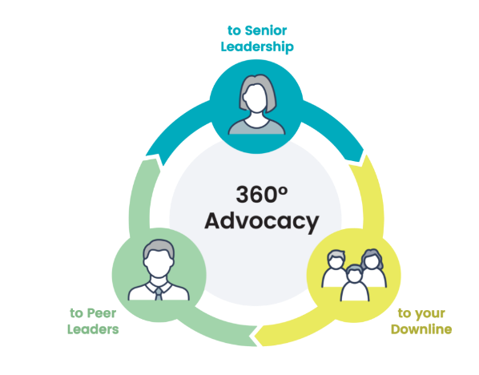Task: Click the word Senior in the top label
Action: pyautogui.click(x=266, y=30)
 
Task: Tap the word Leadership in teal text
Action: pyautogui.click(x=257, y=46)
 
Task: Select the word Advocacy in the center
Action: pyautogui.click(x=262, y=222)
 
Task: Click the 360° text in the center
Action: pyautogui.click(x=261, y=194)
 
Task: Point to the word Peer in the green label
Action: pyautogui.click(x=102, y=313)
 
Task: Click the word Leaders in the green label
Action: pyautogui.click(x=93, y=329)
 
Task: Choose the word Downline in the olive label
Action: pyautogui.click(x=421, y=329)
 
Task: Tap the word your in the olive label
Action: pyautogui.click(x=430, y=314)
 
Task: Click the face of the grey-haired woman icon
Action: pyautogui.click(x=256, y=99)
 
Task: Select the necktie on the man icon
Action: pyautogui.click(x=159, y=294)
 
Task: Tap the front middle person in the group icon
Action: pyautogui.click(x=354, y=283)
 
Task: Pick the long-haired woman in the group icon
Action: pyautogui.click(x=372, y=268)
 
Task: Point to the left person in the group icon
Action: pyautogui.click(x=336, y=268)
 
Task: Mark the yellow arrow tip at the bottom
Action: pyautogui.click(x=256, y=337)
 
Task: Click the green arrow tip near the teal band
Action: pyautogui.click(x=154, y=159)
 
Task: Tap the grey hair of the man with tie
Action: pyautogui.click(x=159, y=247)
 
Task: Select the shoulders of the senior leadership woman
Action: pyautogui.click(x=256, y=127)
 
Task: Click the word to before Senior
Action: pyautogui.click(x=235, y=31)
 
